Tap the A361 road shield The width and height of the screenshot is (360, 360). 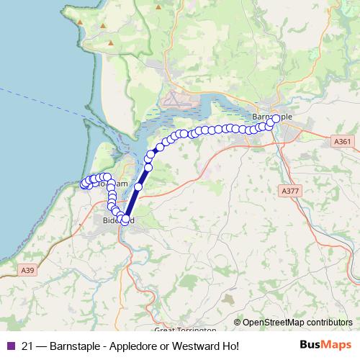pyautogui.click(x=343, y=141)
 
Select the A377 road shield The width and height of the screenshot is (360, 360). pyautogui.click(x=289, y=191)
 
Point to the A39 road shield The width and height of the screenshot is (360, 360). pyautogui.click(x=27, y=269)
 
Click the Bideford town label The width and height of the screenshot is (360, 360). pyautogui.click(x=117, y=220)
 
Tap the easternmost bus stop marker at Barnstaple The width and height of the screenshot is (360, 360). pyautogui.click(x=276, y=119)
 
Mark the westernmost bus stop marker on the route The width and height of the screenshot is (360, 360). pyautogui.click(x=84, y=185)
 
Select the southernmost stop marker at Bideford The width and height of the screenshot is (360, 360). pyautogui.click(x=124, y=221)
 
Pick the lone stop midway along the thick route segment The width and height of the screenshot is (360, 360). pyautogui.click(x=138, y=186)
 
